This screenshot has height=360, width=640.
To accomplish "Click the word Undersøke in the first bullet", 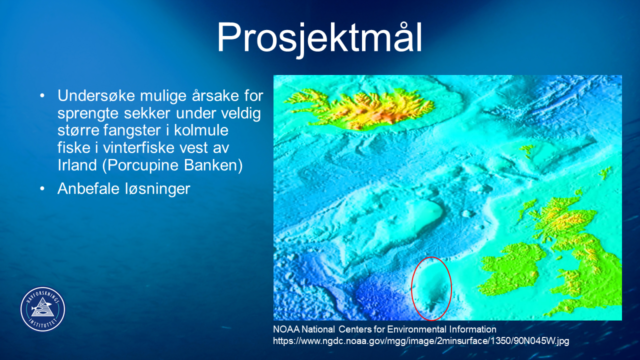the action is (96, 95).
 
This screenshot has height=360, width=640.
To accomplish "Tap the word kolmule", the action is (201, 130).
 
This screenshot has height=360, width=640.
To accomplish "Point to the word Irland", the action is (77, 165).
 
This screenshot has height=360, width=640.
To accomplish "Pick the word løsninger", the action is (157, 189).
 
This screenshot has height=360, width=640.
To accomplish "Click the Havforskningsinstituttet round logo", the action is (43, 309).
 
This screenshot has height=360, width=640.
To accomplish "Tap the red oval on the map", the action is (412, 288).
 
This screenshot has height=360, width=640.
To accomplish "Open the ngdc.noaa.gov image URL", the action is (421, 341).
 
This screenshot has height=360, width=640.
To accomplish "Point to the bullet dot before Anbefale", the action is (42, 189).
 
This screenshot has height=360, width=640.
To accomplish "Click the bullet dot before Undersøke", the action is (42, 95).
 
